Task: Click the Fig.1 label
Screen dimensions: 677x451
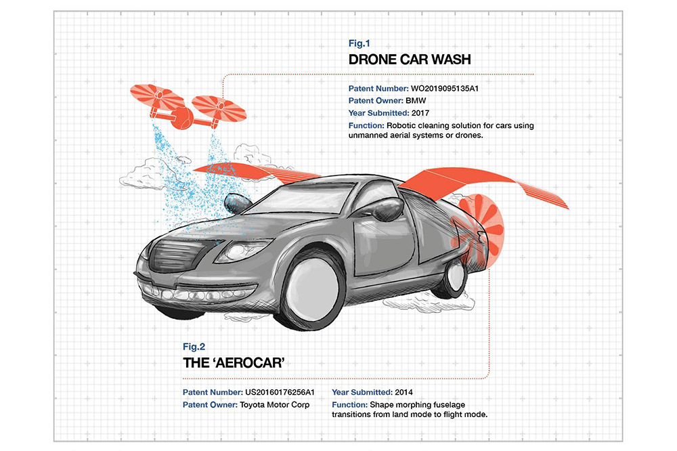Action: pos(359,43)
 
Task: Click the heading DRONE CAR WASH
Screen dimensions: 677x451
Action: pos(410,60)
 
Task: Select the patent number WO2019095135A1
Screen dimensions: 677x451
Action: pos(444,89)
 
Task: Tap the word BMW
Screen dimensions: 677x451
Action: pos(416,101)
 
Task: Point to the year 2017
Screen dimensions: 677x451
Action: pos(420,113)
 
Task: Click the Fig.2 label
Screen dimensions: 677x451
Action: pos(194,347)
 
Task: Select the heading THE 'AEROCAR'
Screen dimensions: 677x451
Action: pos(234,363)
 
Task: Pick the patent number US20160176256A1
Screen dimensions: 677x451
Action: pos(280,392)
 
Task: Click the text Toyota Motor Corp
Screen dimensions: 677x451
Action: pos(275,405)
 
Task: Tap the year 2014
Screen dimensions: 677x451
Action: pos(403,392)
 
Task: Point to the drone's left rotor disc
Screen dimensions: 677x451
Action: pos(157,97)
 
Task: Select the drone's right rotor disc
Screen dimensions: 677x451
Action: pos(219,108)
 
